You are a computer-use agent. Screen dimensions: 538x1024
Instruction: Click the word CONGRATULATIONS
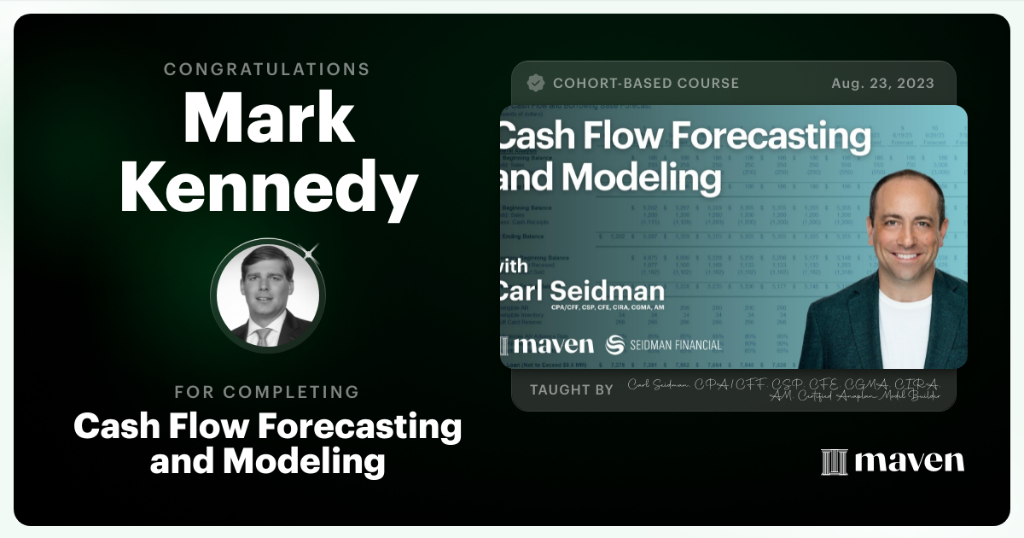(267, 69)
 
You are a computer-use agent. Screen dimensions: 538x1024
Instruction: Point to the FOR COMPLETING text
(267, 392)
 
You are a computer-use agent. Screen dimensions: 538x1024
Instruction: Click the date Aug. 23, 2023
(882, 84)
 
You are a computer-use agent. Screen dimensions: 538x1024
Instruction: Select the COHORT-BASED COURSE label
(646, 84)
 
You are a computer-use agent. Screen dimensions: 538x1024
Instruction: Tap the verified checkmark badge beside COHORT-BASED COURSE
(536, 83)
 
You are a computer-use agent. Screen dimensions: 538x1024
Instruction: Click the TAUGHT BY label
(571, 389)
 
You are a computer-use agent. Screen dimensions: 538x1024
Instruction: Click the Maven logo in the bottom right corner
(893, 461)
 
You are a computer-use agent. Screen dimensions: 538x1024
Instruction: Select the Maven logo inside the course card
(547, 345)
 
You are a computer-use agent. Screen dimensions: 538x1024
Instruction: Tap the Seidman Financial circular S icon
(614, 345)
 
